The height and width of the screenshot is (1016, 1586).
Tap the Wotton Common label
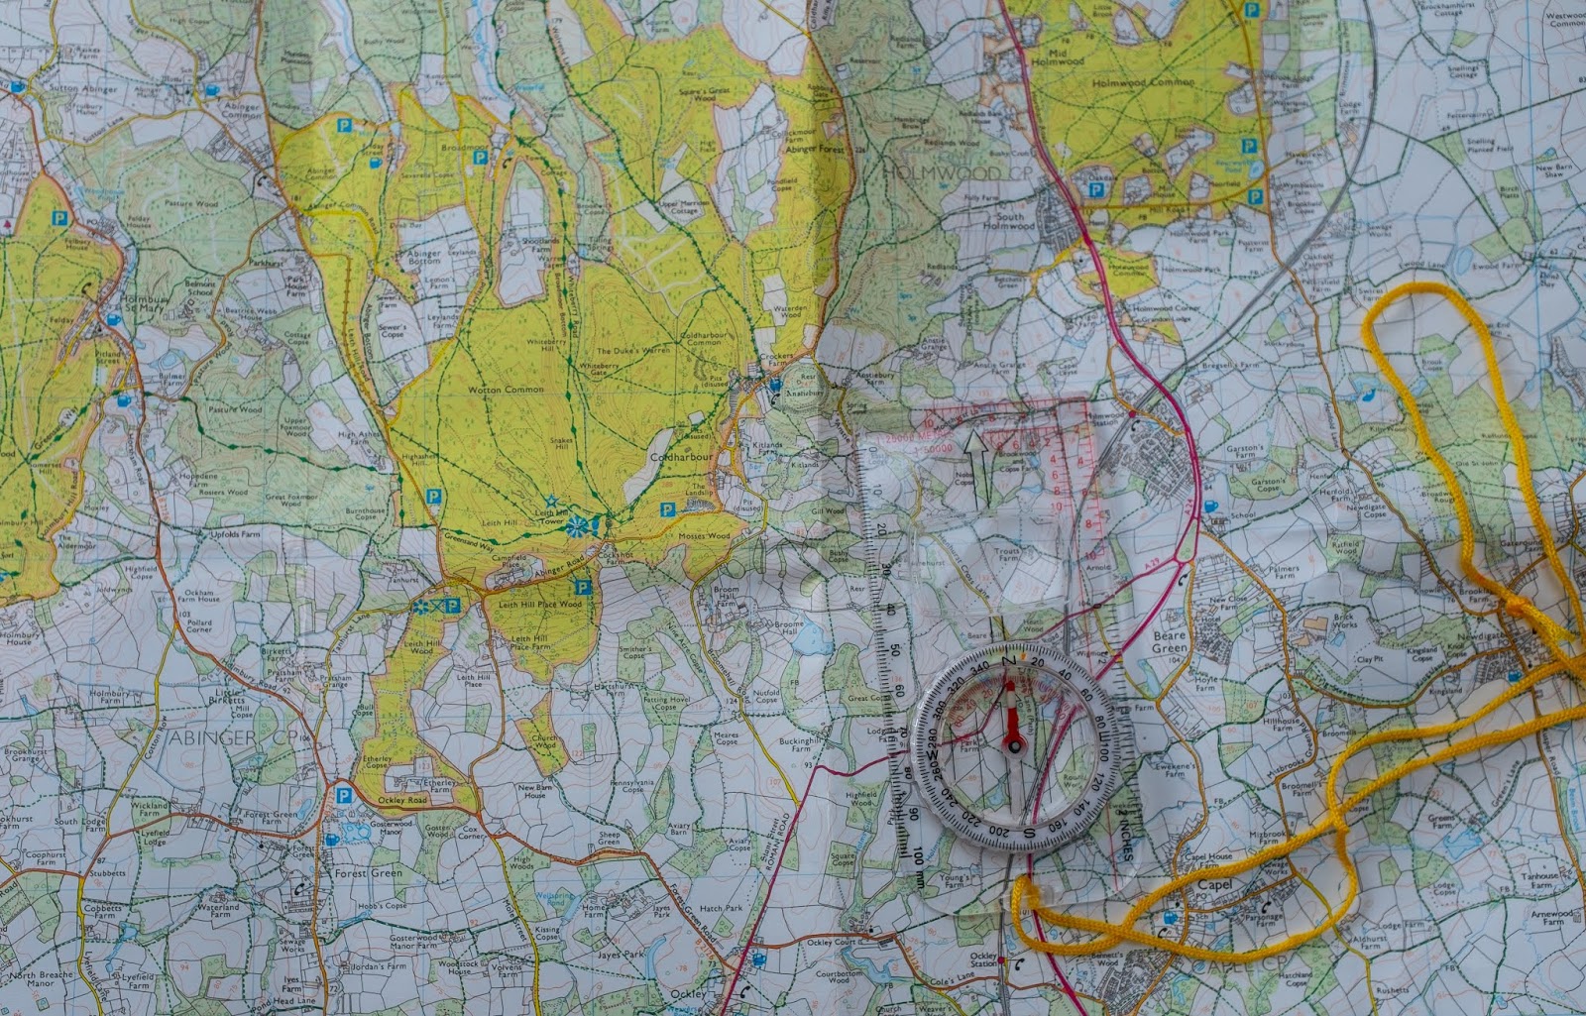(506, 390)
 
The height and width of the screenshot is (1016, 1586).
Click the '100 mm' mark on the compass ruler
(919, 862)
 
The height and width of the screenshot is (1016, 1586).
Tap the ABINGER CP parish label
(218, 738)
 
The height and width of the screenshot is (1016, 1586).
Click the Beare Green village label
(1170, 642)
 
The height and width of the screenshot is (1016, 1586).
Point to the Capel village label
(1214, 884)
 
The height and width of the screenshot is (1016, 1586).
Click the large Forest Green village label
(369, 873)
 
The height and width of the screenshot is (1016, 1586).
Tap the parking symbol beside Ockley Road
(343, 795)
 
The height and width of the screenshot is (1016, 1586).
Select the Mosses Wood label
(704, 536)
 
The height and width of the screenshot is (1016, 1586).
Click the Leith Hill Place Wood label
(540, 604)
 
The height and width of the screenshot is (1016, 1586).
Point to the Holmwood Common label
(1143, 83)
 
